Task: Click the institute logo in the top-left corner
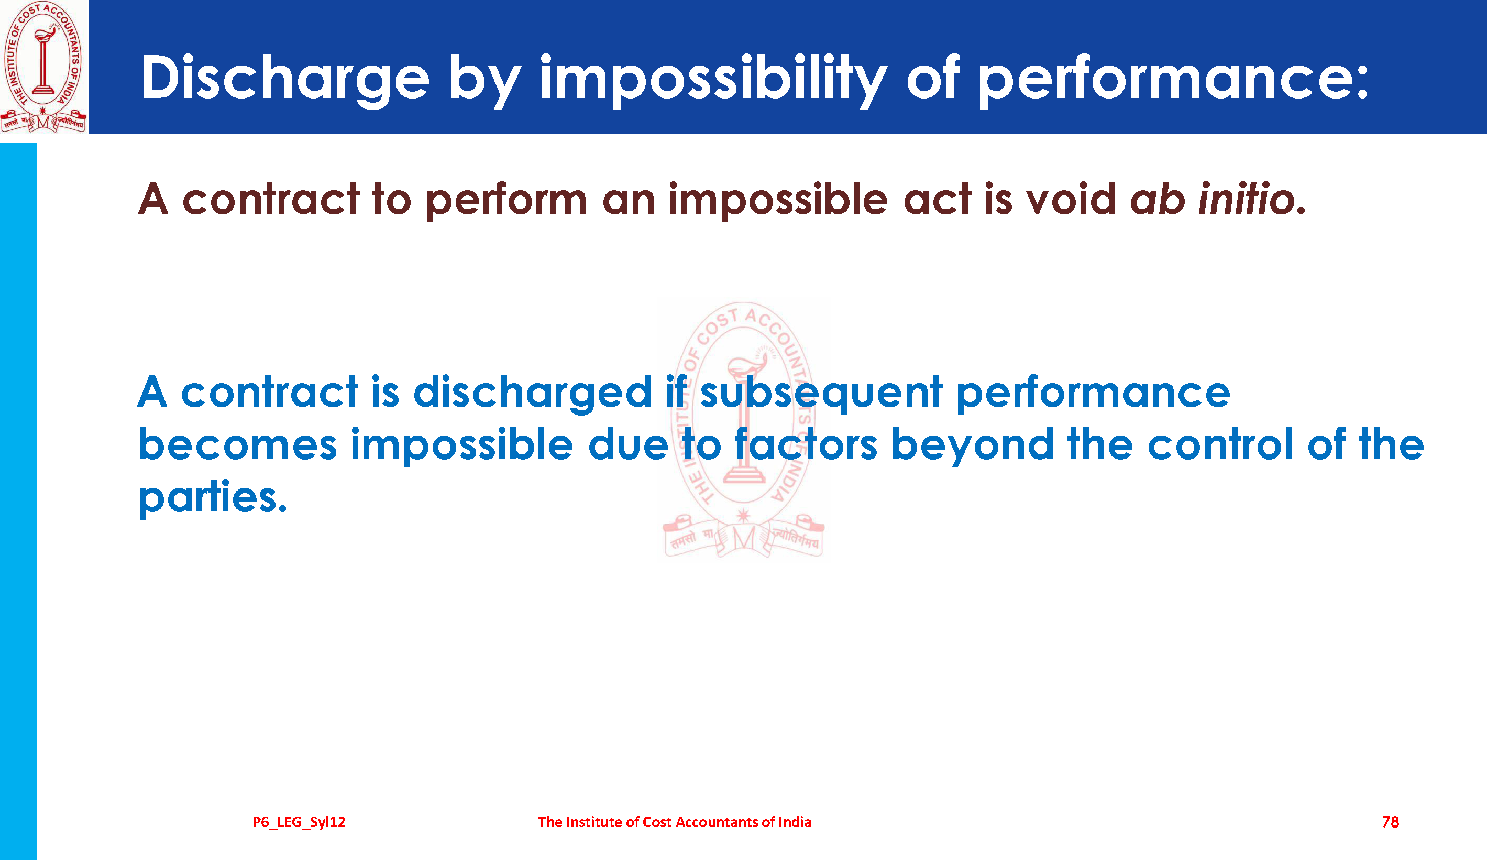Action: tap(43, 67)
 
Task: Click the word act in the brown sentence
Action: tap(937, 199)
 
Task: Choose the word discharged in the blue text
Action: tap(532, 393)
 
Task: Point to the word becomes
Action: tap(237, 444)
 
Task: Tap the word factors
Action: tap(806, 444)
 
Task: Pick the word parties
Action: tap(213, 497)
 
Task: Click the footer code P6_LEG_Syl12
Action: tap(299, 822)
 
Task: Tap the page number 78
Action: tap(1390, 822)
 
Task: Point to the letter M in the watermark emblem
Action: tap(744, 538)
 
